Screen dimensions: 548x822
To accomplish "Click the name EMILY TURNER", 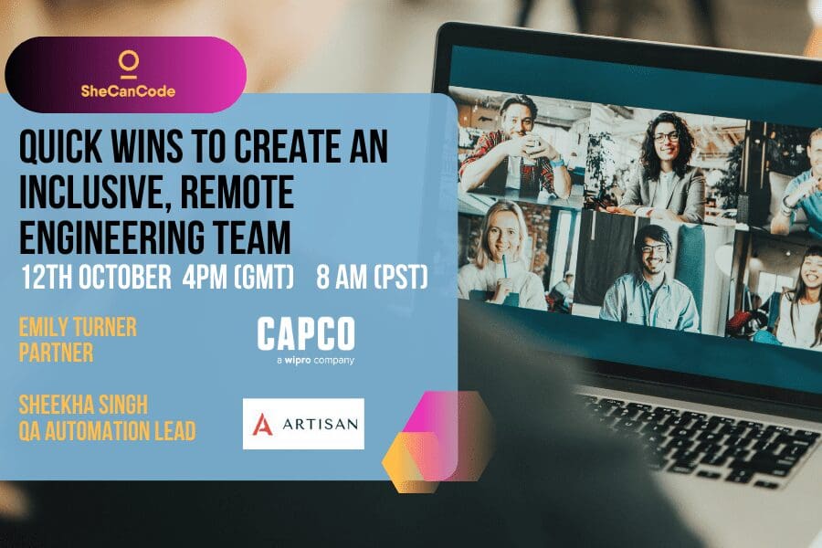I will [x=78, y=328].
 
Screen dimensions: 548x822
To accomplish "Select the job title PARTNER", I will [x=56, y=353].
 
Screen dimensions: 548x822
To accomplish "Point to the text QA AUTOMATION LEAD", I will [x=107, y=431].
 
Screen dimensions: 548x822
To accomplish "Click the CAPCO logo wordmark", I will [x=305, y=334].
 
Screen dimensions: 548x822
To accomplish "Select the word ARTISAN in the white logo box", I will [x=316, y=424].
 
